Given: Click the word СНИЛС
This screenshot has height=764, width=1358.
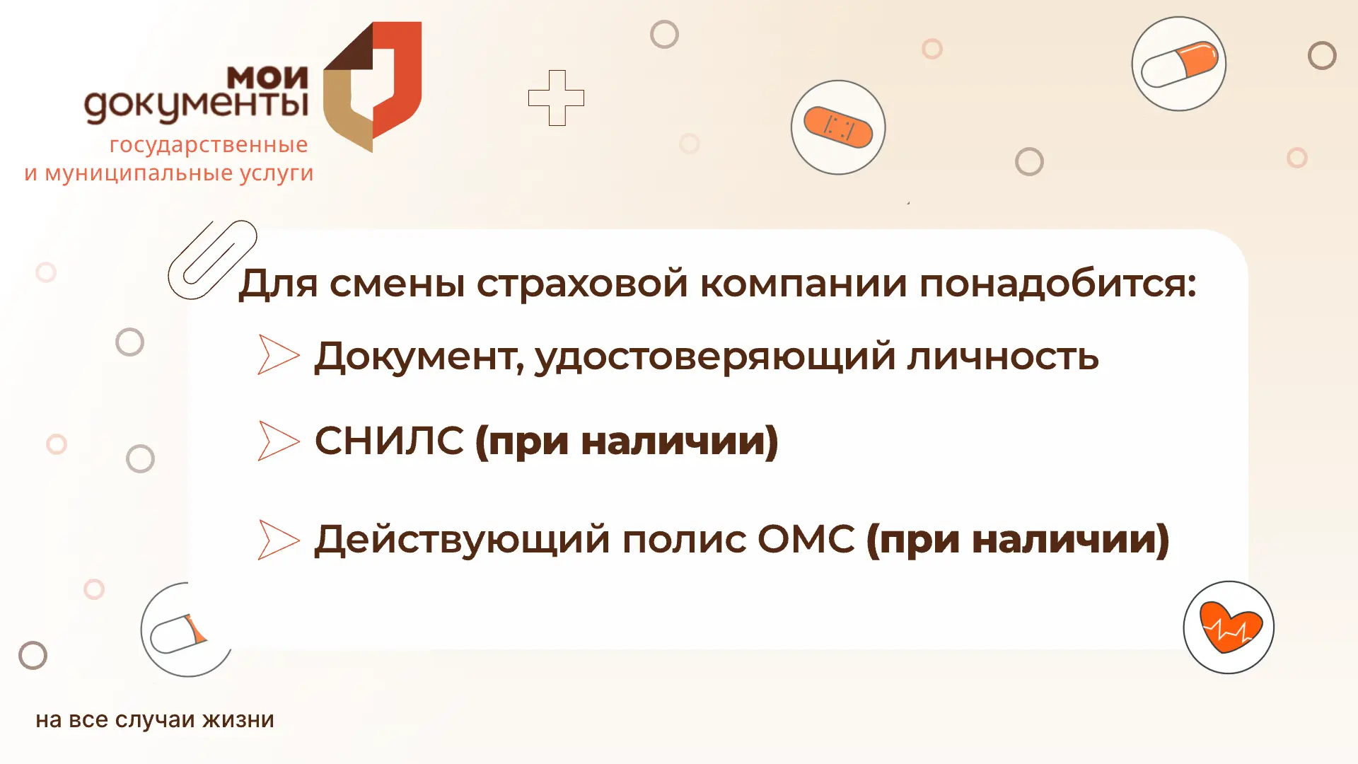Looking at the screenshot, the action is pyautogui.click(x=389, y=440).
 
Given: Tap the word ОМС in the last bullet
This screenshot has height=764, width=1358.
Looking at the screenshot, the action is pyautogui.click(x=806, y=539).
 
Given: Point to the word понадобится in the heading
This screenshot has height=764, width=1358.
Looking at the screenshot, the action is pyautogui.click(x=1057, y=284).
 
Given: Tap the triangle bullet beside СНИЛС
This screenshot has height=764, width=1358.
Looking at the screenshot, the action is pyautogui.click(x=279, y=441).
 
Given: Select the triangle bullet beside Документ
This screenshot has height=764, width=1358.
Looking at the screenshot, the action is pyautogui.click(x=279, y=354).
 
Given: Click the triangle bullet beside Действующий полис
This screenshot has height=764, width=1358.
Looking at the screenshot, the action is pyautogui.click(x=279, y=540).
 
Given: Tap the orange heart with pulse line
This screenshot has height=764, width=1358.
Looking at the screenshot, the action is pyautogui.click(x=1230, y=627).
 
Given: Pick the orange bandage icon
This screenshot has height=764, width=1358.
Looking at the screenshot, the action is pyautogui.click(x=838, y=127).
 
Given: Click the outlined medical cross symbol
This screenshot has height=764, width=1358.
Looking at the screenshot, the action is pyautogui.click(x=557, y=98).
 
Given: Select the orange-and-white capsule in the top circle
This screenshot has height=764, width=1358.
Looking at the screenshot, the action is pyautogui.click(x=1180, y=64).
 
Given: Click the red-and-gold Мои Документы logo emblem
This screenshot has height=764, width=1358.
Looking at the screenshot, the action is pyautogui.click(x=373, y=86).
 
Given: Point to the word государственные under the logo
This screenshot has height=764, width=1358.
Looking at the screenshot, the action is pyautogui.click(x=209, y=145).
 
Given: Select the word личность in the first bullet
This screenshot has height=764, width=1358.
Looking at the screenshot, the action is pyautogui.click(x=1003, y=356).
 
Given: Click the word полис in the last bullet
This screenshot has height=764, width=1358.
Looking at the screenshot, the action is pyautogui.click(x=684, y=540).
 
